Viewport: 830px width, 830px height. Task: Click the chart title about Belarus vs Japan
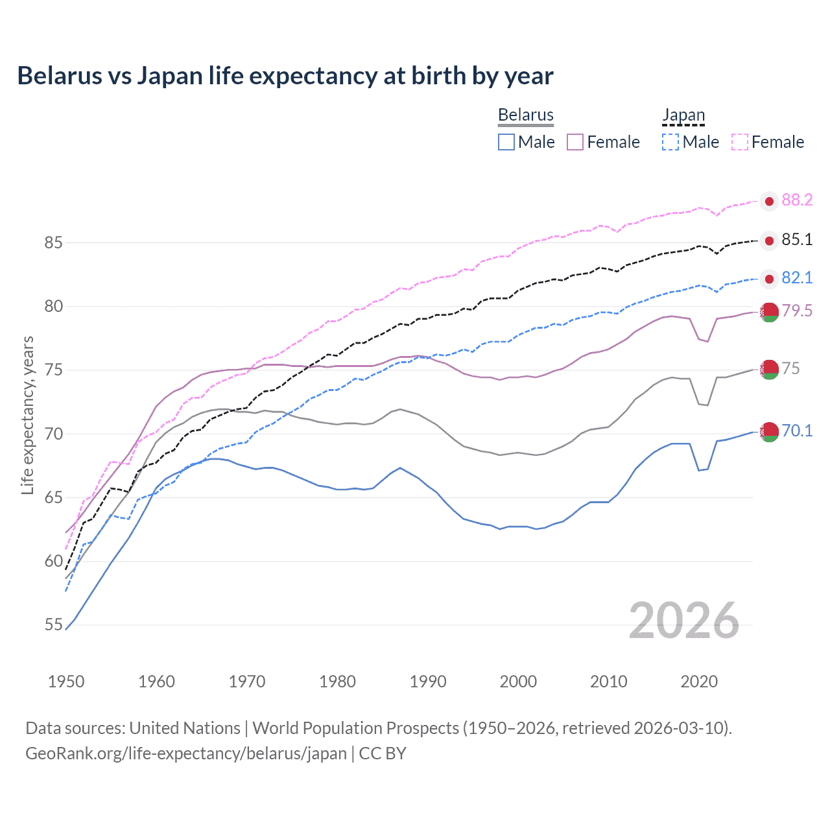[285, 76]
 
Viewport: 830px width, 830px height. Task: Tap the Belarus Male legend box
[506, 142]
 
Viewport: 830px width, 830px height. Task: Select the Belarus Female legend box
[575, 142]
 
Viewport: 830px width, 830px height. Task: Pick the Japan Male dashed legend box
[670, 142]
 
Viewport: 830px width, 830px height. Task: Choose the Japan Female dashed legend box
[740, 142]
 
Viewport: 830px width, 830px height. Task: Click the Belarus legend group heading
[526, 115]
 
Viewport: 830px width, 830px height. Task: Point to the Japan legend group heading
[683, 115]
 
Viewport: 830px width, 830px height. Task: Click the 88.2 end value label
[797, 200]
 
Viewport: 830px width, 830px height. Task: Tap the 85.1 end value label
[797, 240]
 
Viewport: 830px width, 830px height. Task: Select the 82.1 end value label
[797, 278]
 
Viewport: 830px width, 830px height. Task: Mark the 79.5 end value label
[797, 311]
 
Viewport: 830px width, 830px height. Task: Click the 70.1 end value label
[797, 431]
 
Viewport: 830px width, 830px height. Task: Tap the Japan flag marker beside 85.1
[769, 241]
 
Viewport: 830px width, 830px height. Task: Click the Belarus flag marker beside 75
[769, 369]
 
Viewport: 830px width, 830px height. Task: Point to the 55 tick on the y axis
[54, 625]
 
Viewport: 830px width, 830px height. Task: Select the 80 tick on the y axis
[54, 306]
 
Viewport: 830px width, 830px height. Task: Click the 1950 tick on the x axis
[66, 682]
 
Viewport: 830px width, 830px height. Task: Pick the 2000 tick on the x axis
[518, 682]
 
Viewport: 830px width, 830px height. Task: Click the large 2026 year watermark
[684, 621]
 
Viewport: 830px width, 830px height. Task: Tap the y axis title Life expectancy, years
[27, 415]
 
